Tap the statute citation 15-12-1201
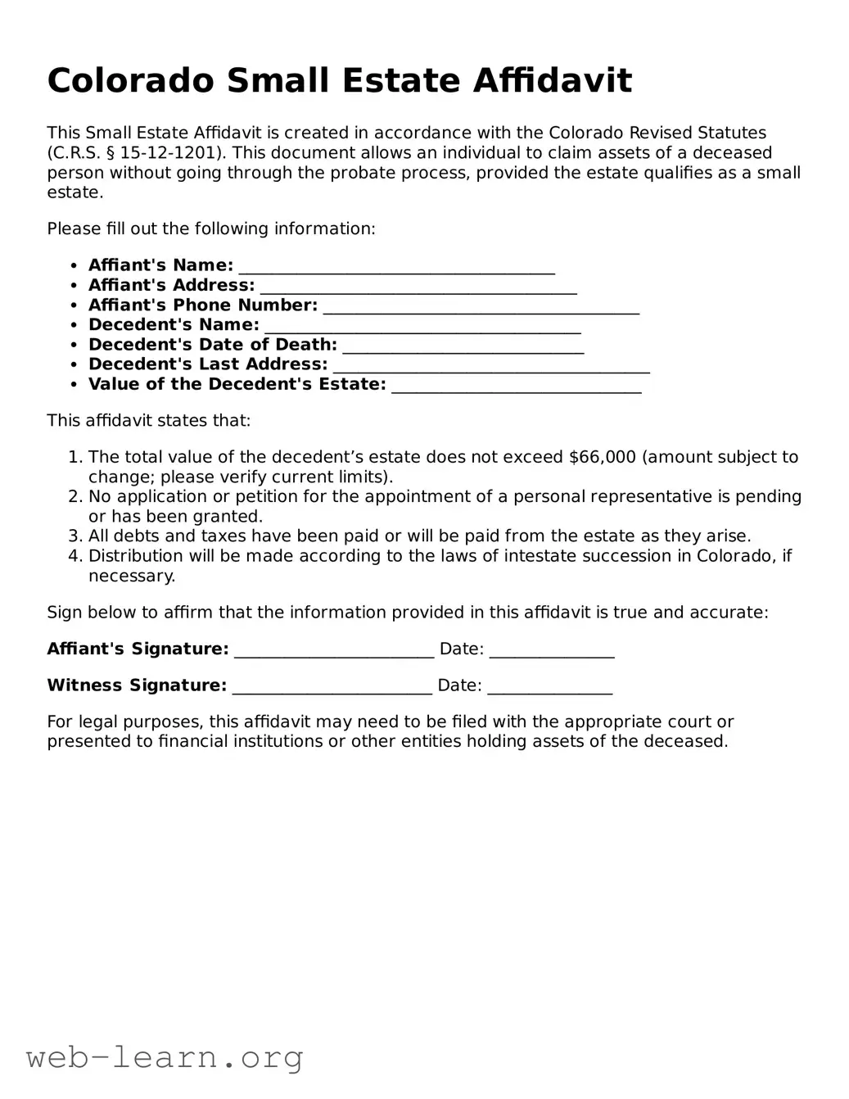[x=169, y=153]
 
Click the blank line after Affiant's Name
[x=396, y=267]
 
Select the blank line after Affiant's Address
[x=418, y=287]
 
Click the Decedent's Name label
[x=174, y=325]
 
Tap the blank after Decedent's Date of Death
[x=463, y=346]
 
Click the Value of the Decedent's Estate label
[x=237, y=385]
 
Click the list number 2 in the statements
[x=75, y=497]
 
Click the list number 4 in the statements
[x=75, y=556]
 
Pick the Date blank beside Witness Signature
[x=549, y=687]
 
